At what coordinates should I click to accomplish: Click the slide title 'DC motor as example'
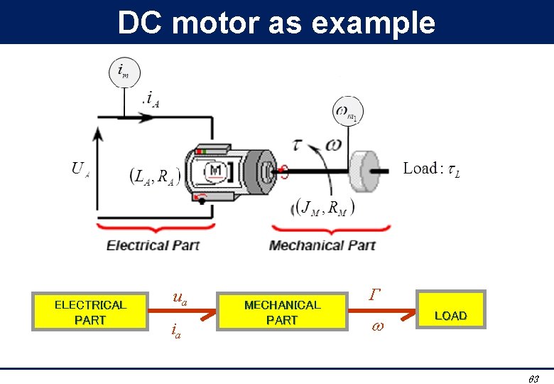(x=276, y=23)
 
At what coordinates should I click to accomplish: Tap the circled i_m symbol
(x=124, y=72)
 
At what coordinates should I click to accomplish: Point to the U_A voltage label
(x=80, y=169)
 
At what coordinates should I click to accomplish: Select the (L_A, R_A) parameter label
(x=156, y=176)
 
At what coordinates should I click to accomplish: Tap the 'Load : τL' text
(x=431, y=169)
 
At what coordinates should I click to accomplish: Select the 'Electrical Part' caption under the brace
(x=153, y=245)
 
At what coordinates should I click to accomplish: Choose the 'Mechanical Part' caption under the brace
(x=322, y=245)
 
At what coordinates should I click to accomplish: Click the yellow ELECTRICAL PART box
(x=89, y=312)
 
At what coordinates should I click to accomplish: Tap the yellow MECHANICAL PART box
(x=282, y=312)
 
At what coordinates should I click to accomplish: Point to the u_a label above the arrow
(x=180, y=299)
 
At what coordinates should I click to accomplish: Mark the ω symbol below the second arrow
(x=376, y=328)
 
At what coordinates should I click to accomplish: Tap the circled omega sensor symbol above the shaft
(x=347, y=112)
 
